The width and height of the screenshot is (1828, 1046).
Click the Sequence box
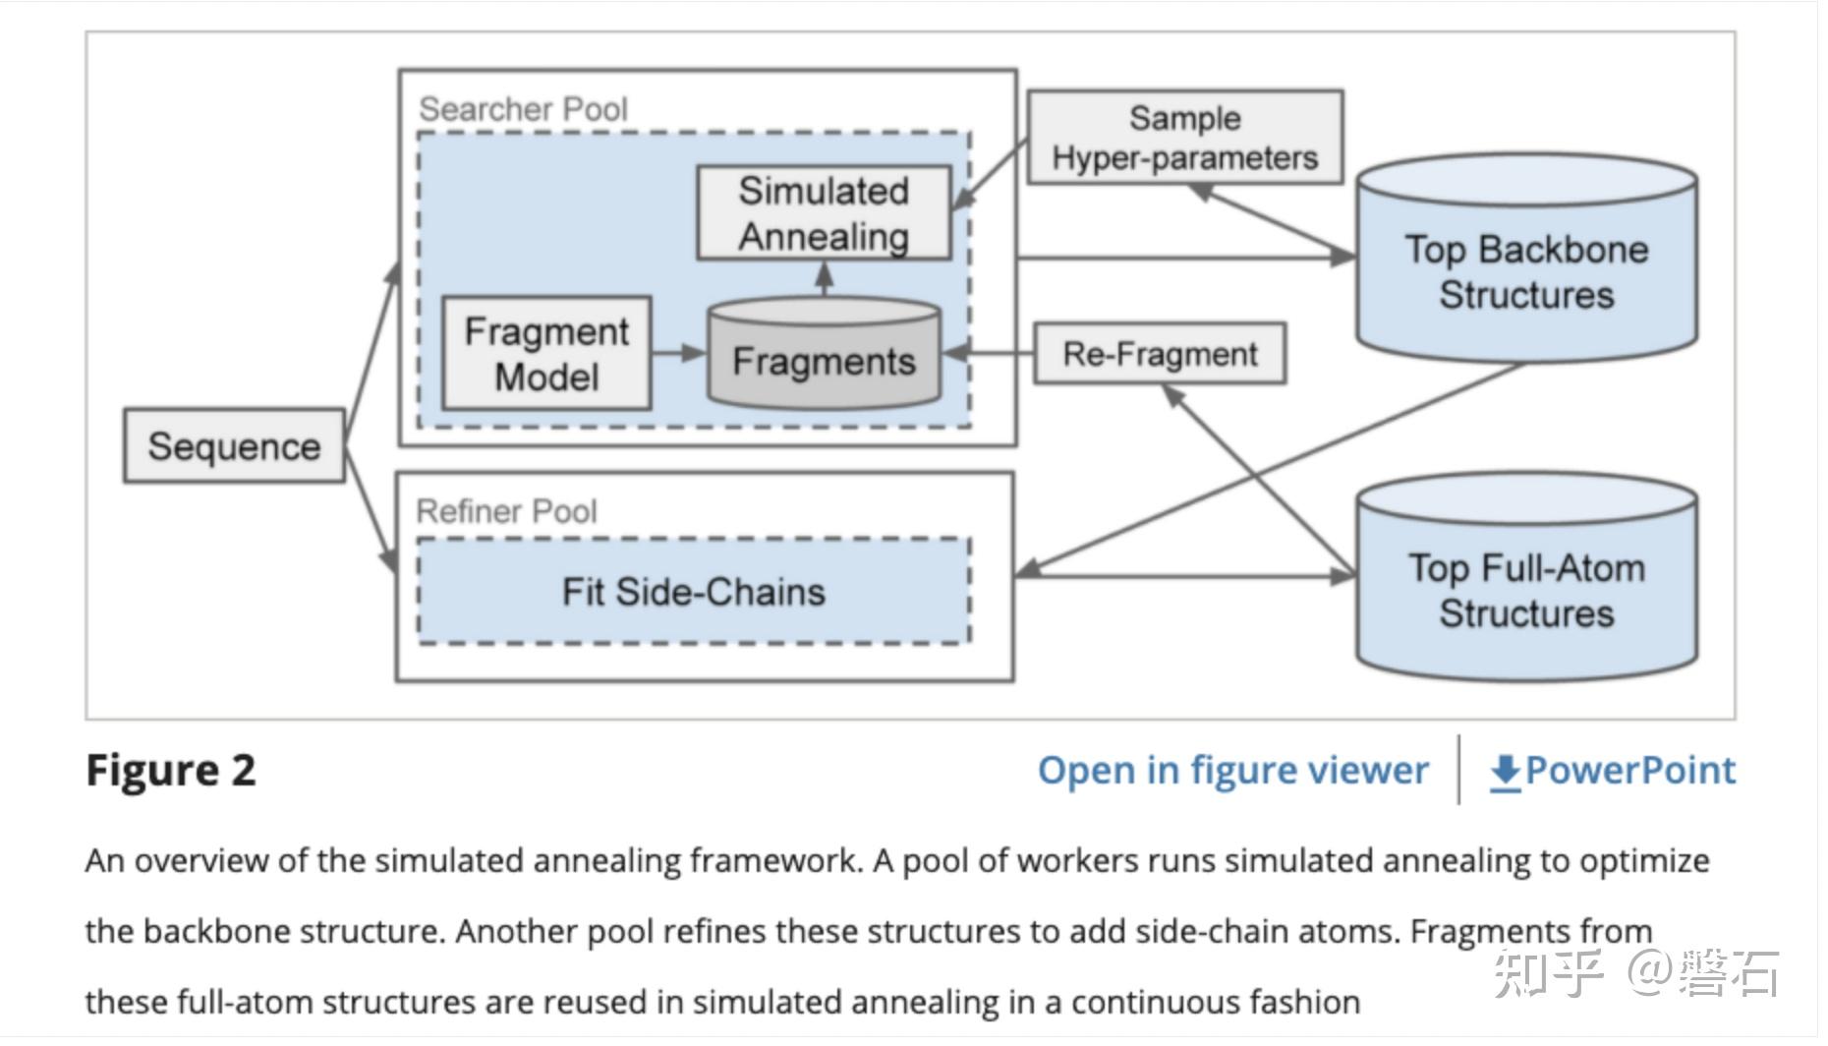pyautogui.click(x=234, y=446)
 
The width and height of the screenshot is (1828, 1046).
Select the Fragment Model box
pyautogui.click(x=546, y=354)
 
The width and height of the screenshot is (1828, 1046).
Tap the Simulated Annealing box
pyautogui.click(x=824, y=213)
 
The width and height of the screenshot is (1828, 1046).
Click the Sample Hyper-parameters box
pyautogui.click(x=1184, y=138)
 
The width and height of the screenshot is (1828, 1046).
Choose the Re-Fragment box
pyautogui.click(x=1160, y=354)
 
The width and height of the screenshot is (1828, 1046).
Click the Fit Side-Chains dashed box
pyautogui.click(x=694, y=592)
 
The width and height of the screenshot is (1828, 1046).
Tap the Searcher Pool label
pyautogui.click(x=523, y=109)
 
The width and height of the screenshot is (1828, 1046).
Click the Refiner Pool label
pyautogui.click(x=506, y=511)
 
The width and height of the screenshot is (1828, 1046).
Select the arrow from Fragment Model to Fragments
pyautogui.click(x=678, y=353)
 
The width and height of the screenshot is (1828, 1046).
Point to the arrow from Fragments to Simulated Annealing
pyautogui.click(x=825, y=280)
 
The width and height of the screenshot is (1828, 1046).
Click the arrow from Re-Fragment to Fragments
pyautogui.click(x=988, y=353)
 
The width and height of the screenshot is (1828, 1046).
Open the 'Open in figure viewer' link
pyautogui.click(x=1232, y=771)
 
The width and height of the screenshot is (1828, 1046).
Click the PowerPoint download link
pyautogui.click(x=1629, y=771)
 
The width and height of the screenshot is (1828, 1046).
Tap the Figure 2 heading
pyautogui.click(x=171, y=771)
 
